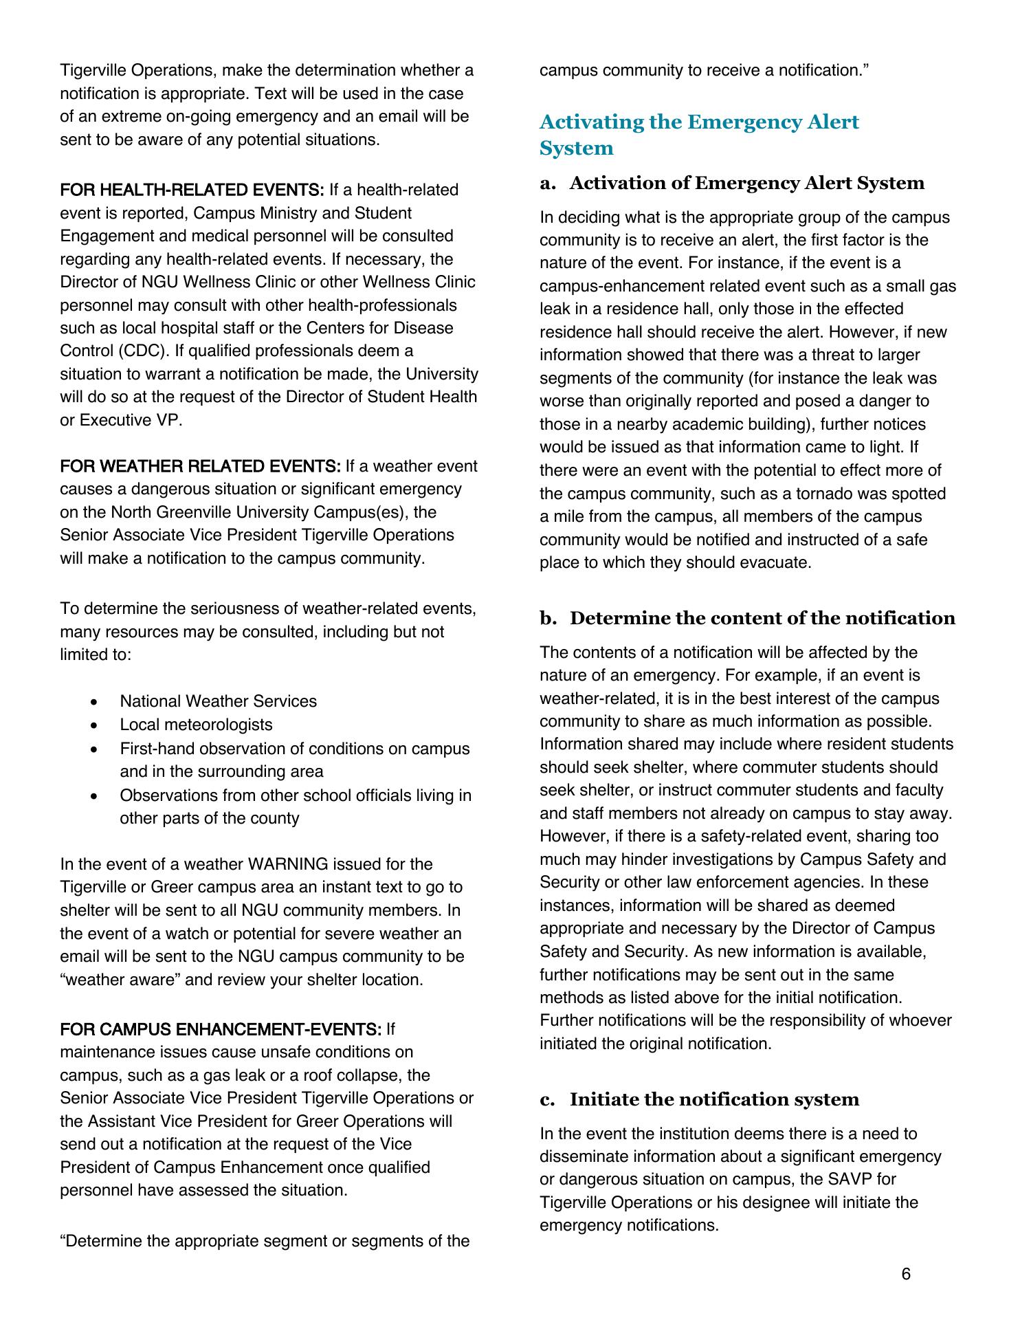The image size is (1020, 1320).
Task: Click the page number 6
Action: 906,1274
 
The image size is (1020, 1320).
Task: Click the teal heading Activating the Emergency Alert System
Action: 698,135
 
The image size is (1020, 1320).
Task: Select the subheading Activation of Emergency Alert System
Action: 746,183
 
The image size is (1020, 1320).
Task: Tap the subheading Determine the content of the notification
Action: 762,618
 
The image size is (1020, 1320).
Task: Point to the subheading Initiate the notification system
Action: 714,1099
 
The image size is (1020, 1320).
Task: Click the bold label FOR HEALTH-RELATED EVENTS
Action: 192,190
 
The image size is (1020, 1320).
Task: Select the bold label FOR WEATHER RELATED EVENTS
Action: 200,467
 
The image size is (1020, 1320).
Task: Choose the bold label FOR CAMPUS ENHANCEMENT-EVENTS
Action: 221,1029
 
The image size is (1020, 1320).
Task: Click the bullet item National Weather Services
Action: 218,701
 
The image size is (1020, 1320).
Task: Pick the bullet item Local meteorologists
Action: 196,725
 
